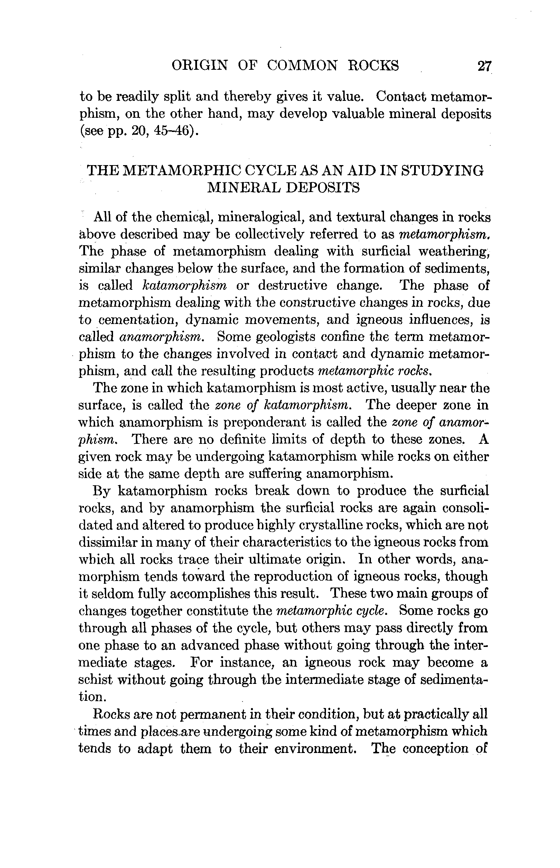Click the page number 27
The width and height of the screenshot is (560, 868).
[x=484, y=66]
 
